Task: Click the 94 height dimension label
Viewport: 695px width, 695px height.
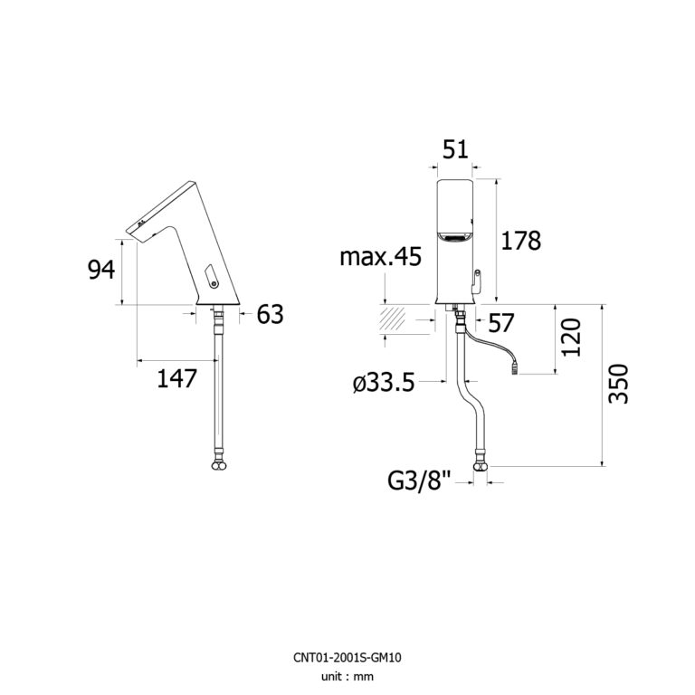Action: click(x=101, y=270)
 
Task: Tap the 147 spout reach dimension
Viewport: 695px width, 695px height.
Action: click(x=176, y=378)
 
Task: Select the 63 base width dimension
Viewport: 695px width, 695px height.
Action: click(x=270, y=314)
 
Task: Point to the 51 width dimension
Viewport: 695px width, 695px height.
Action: click(x=455, y=149)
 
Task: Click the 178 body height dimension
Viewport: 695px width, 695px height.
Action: click(x=521, y=241)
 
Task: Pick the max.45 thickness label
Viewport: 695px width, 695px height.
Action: click(x=380, y=257)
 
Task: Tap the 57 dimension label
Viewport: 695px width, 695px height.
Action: click(x=500, y=323)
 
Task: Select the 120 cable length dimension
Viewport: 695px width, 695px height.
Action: click(x=571, y=338)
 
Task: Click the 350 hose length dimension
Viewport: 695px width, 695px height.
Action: click(x=618, y=384)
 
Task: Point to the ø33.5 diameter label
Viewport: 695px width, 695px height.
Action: click(x=384, y=383)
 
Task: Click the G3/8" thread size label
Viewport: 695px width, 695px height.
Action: click(x=419, y=480)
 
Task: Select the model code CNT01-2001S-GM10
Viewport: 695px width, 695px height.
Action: click(x=347, y=657)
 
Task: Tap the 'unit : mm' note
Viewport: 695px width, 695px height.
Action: click(x=347, y=676)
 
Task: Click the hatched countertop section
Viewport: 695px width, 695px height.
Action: click(x=392, y=319)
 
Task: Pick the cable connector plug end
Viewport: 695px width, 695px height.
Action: click(x=516, y=367)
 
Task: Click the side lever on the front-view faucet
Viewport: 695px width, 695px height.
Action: click(x=476, y=281)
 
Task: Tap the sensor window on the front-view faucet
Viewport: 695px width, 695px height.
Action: click(x=454, y=239)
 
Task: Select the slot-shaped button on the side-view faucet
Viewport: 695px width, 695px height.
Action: click(x=211, y=276)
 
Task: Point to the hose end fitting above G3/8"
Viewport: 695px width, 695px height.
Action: click(x=481, y=461)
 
